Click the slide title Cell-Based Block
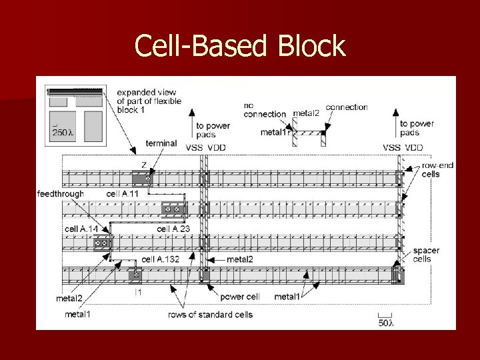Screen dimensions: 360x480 [x=240, y=46]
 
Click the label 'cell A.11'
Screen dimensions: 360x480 [x=123, y=194]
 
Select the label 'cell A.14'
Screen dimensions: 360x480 [x=81, y=229]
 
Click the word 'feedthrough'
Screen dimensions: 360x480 [x=60, y=194]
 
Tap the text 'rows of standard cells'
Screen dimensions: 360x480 [x=210, y=314]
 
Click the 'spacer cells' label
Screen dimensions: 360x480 [x=426, y=255]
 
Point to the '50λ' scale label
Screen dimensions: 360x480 [x=385, y=323]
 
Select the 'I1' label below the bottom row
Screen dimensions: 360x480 [x=138, y=292]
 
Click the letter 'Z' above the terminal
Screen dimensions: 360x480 [x=143, y=164]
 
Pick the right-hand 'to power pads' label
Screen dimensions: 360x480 [x=417, y=127]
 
